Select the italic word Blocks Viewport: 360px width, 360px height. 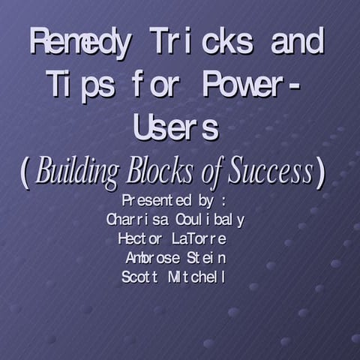click(x=160, y=172)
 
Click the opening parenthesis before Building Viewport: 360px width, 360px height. click(x=25, y=173)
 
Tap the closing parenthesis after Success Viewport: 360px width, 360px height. click(x=321, y=173)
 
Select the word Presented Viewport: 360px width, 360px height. click(x=150, y=202)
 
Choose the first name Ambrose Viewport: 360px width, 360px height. click(x=153, y=258)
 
